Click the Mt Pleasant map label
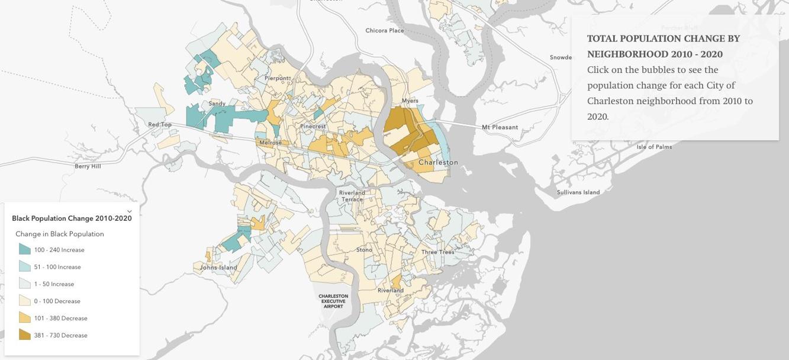coord(500,127)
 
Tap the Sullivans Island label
coord(578,192)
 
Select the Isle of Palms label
coord(654,147)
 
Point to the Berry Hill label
coord(88,166)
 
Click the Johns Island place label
coord(218,268)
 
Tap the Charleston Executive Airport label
coord(333,301)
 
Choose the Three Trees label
coord(438,252)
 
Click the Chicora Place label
coord(385,31)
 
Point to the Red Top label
coord(160,125)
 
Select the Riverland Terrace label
coord(352,196)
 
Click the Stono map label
coord(364,250)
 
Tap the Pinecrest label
coord(313,127)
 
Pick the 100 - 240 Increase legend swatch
coord(24,249)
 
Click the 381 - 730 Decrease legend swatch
coord(24,335)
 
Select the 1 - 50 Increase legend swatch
coord(24,284)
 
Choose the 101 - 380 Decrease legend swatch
coord(24,317)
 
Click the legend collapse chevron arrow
coord(130,211)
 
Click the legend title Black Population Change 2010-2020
coord(72,218)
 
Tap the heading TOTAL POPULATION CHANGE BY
coord(663,38)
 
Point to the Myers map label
coord(410,101)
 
